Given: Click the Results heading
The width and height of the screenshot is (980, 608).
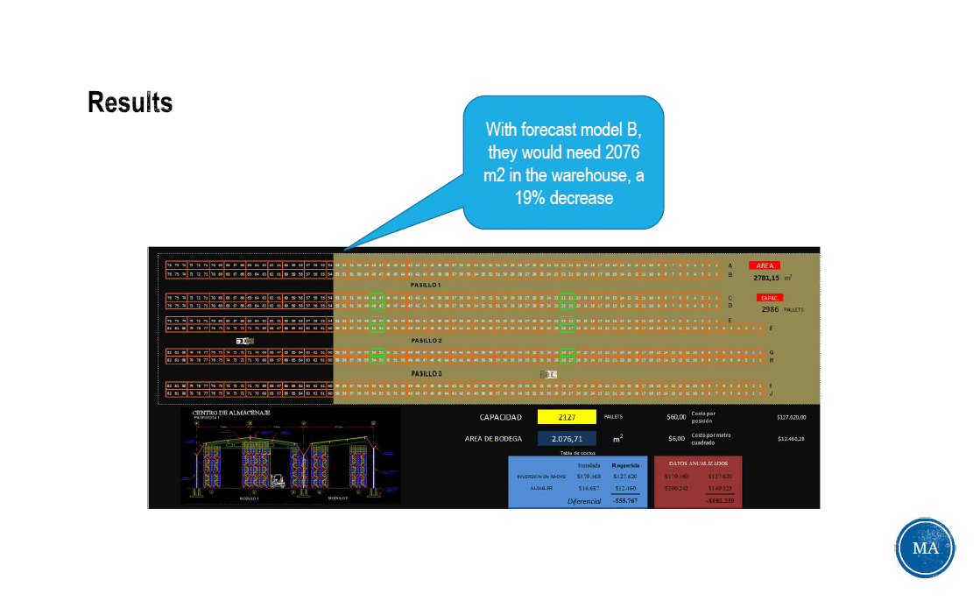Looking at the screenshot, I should click(130, 103).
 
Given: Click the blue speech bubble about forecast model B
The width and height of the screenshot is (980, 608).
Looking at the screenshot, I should click(563, 164).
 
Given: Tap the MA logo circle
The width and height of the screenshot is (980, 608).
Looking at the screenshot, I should click(925, 548).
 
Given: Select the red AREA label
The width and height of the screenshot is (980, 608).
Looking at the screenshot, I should click(764, 265).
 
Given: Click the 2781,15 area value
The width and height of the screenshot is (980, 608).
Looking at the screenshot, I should click(768, 277).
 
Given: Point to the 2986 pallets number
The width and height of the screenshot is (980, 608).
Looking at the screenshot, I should click(770, 309).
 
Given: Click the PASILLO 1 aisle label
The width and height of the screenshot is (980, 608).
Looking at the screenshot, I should click(427, 285).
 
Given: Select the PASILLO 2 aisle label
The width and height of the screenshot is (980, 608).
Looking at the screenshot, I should click(427, 340).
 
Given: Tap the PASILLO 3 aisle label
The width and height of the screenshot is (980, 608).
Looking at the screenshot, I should click(427, 374).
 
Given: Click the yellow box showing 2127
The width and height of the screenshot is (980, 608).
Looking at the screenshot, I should click(567, 417).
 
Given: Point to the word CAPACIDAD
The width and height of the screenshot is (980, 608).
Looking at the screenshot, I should click(501, 417).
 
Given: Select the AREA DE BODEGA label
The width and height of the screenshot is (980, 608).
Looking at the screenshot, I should click(494, 438).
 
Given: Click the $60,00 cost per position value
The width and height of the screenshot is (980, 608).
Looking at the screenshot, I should click(676, 417).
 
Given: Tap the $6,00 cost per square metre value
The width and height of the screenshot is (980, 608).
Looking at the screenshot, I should click(676, 438).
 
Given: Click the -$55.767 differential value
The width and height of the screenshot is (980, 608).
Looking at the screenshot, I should click(624, 500).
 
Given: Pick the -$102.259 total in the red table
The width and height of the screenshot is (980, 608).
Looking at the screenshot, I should click(720, 500).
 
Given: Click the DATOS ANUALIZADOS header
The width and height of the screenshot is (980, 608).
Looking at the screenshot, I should click(698, 463).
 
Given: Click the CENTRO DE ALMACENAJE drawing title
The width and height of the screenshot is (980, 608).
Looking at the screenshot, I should click(231, 413).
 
